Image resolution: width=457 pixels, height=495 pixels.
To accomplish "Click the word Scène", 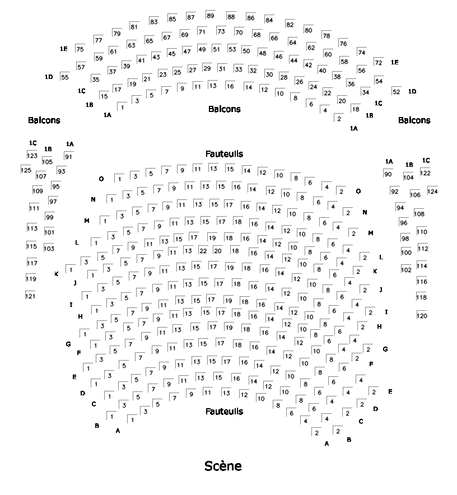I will click(223, 466).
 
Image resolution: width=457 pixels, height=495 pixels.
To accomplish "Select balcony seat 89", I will click(210, 16).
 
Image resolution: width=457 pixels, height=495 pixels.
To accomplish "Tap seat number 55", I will click(65, 77).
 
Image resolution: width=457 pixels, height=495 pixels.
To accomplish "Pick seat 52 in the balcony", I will click(396, 91).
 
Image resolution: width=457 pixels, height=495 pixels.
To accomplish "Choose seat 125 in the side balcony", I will click(26, 170).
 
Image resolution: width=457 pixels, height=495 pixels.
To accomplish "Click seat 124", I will click(432, 192).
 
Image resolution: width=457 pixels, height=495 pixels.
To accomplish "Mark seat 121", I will click(30, 296).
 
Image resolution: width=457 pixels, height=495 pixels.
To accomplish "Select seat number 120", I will click(421, 316).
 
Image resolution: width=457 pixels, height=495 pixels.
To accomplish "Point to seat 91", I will click(68, 157).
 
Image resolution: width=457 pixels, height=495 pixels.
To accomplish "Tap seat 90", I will click(388, 174).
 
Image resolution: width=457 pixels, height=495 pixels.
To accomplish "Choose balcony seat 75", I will click(80, 49).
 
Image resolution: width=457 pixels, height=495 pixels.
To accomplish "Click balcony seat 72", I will click(379, 62).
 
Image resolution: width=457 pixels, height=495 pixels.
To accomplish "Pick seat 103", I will click(49, 248).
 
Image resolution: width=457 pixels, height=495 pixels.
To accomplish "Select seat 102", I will click(406, 269).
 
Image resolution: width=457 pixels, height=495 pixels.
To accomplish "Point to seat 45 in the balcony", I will click(171, 53).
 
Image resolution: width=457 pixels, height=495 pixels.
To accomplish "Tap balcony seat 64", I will click(292, 42).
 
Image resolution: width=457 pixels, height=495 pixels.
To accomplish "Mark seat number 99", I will click(49, 217).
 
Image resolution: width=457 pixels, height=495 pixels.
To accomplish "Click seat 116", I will click(421, 281).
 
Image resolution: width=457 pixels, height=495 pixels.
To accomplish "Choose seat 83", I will click(153, 22).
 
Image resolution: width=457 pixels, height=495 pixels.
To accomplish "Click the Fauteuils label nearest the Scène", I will click(224, 412).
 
